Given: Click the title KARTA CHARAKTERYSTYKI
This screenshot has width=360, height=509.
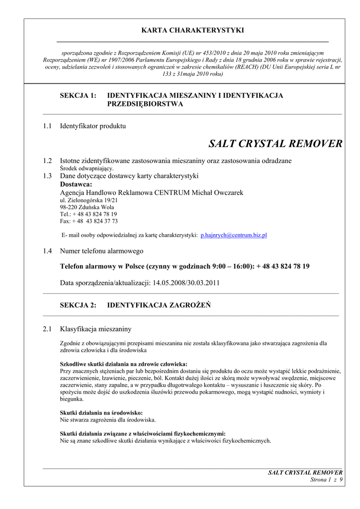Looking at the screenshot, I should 192,30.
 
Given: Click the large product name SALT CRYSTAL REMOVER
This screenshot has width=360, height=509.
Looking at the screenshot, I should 275,144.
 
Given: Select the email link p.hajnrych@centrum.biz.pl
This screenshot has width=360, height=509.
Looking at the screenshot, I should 234,235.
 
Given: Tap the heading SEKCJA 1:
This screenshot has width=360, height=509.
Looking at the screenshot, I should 78,95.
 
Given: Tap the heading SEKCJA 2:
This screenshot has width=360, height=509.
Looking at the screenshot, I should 78,305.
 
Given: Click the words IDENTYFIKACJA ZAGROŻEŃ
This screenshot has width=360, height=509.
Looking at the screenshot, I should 159,305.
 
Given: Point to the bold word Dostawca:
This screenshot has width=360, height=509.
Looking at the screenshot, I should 76,184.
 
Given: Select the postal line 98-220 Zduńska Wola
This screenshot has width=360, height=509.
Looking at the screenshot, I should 87,207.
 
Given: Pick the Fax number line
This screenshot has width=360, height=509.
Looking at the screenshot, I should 89,221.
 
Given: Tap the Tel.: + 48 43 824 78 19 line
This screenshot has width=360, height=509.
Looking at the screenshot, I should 89,214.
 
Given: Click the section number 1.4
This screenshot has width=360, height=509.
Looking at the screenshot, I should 47,251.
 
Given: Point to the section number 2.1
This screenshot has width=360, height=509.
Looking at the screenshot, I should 47,329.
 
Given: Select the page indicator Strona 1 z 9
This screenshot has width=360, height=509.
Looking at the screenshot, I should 326,480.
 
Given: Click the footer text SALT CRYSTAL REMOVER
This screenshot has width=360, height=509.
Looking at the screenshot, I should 305,472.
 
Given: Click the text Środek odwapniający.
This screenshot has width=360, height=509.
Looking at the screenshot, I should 87,169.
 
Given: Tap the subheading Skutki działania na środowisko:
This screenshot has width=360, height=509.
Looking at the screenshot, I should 101,413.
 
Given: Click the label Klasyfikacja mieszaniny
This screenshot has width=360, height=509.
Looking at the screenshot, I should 95,329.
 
